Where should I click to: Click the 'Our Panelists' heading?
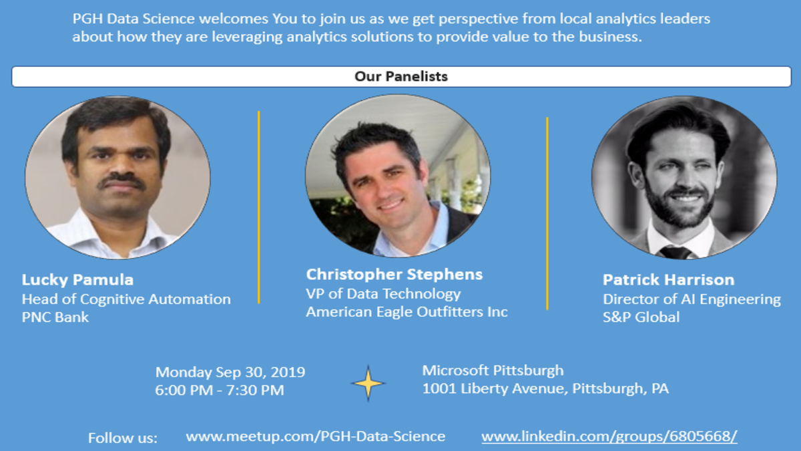point(401,76)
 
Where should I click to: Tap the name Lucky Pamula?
point(77,280)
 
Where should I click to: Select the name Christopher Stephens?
point(394,275)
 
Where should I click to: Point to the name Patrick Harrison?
point(669,279)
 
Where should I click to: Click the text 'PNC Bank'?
point(55,317)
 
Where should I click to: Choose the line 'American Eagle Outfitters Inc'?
point(407,312)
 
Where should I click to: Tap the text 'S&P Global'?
point(641,317)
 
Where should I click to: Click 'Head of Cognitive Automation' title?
point(126,299)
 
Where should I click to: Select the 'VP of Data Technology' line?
point(383,294)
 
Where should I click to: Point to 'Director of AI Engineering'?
point(692,299)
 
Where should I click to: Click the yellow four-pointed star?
point(368,384)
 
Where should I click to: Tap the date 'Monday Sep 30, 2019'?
point(230,372)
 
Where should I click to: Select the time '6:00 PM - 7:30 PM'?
point(220,390)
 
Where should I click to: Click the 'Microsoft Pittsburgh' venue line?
point(493,371)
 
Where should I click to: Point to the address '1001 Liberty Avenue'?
point(495,389)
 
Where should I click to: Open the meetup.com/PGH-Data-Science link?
point(315,437)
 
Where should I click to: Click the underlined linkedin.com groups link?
point(609,437)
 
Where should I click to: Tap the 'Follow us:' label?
point(123,438)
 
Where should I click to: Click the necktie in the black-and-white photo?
point(675,252)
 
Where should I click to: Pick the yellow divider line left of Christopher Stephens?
point(259,207)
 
